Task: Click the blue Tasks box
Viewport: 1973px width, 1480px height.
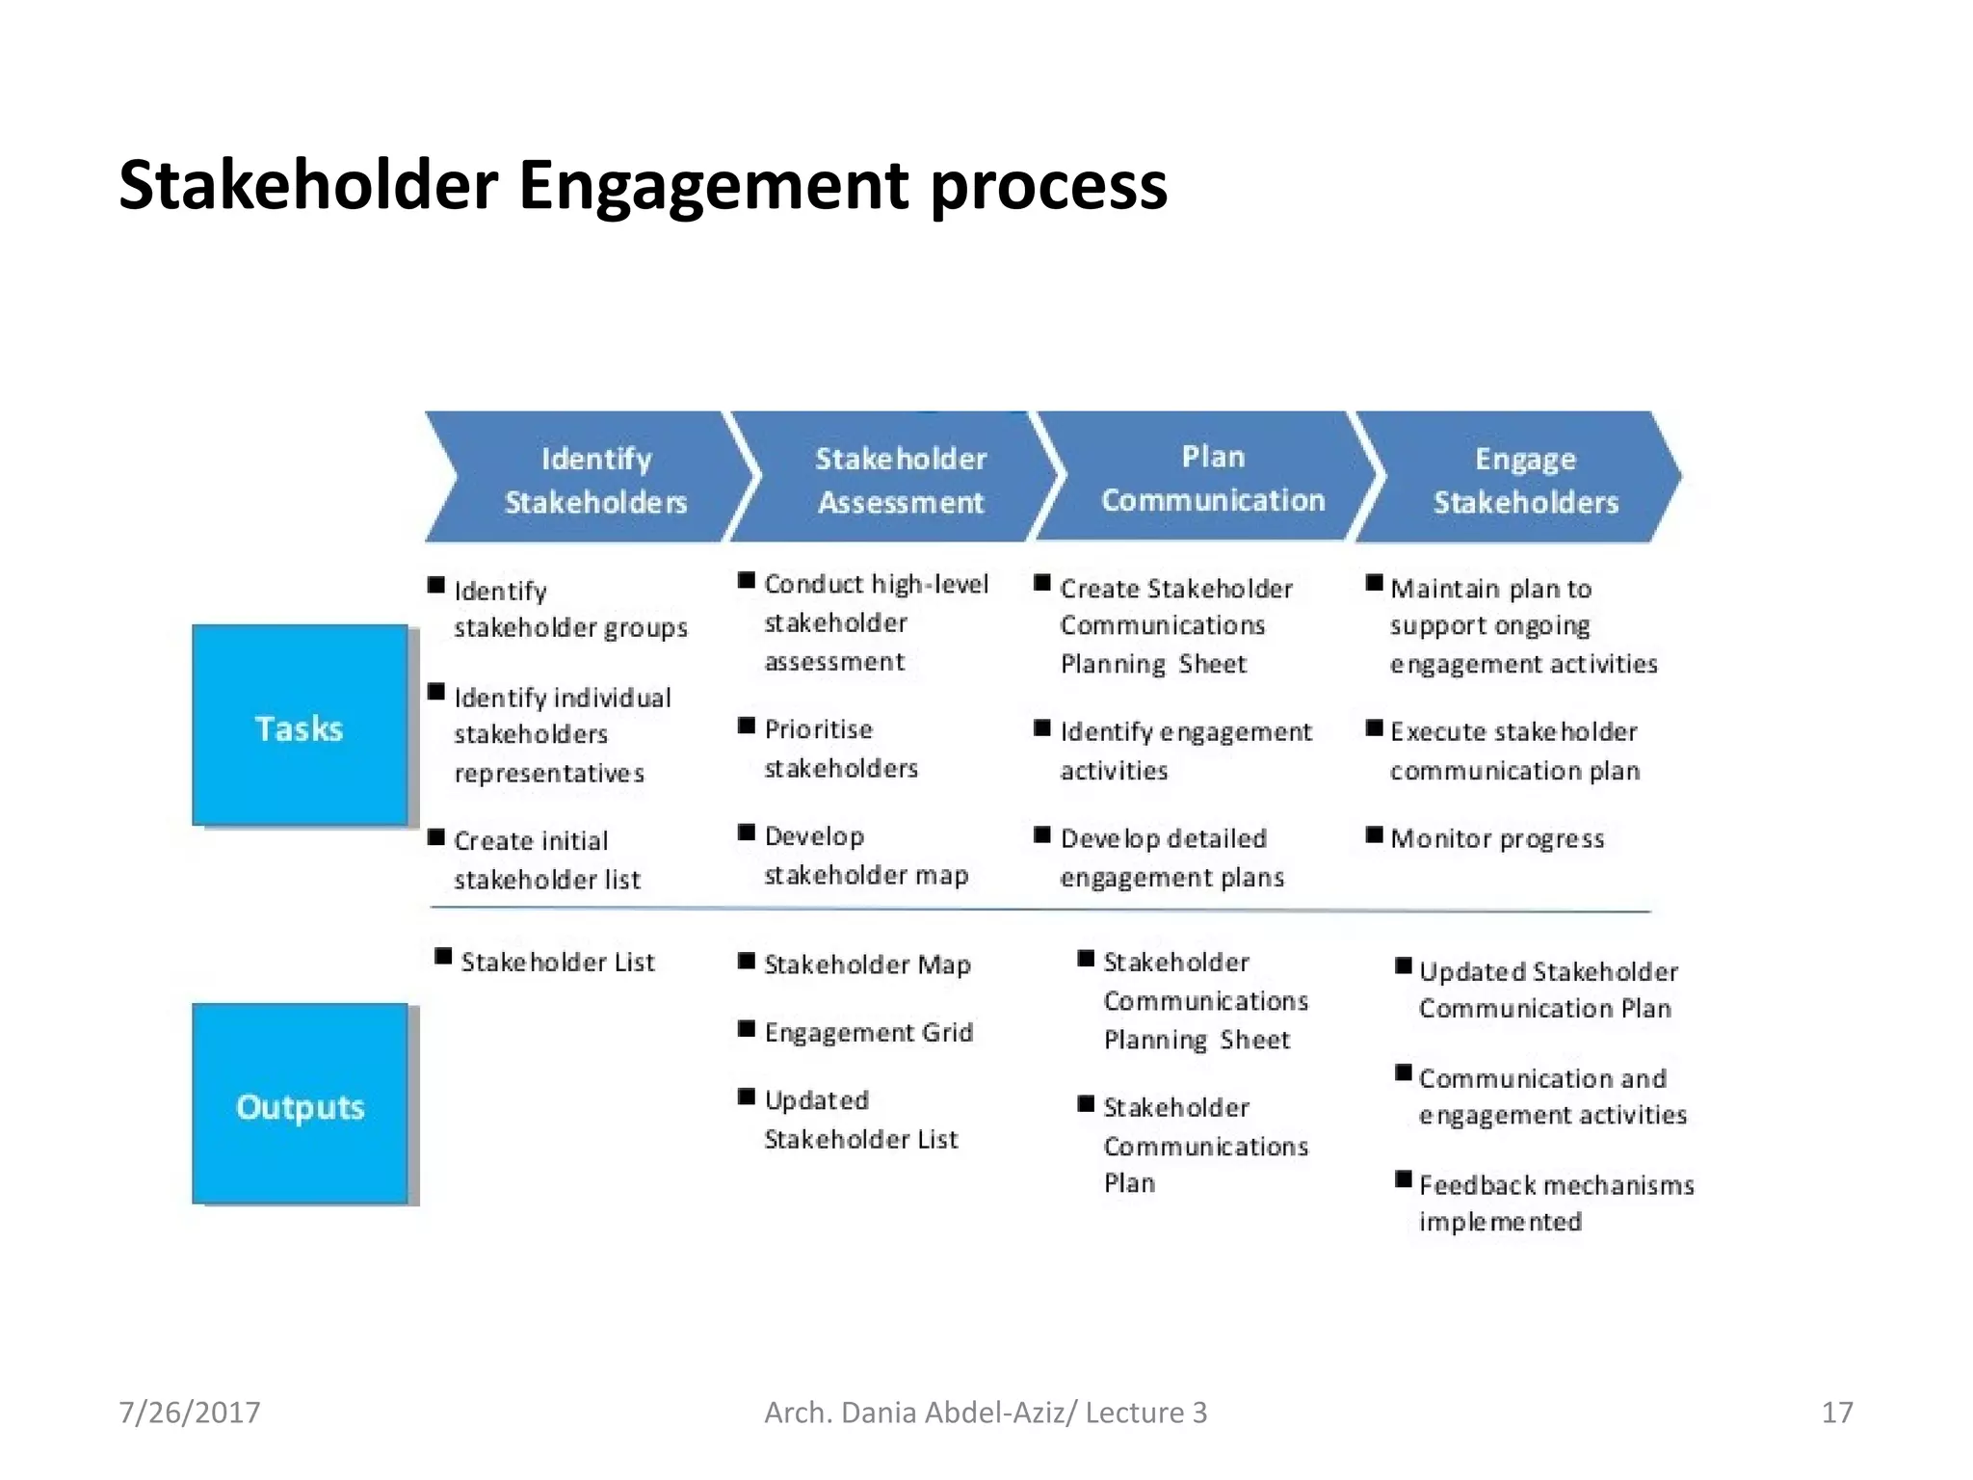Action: [300, 726]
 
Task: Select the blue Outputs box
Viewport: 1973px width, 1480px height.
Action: [300, 1104]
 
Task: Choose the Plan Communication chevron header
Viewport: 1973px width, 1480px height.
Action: [1212, 477]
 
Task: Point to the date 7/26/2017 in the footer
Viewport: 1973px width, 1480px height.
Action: [190, 1413]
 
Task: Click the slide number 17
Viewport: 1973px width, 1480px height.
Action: [1837, 1413]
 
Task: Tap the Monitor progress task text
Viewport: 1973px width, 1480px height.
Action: [1497, 838]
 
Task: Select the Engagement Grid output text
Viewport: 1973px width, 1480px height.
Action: [868, 1032]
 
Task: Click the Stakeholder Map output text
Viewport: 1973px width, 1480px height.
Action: [867, 964]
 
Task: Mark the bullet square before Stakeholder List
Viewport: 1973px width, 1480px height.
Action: [443, 956]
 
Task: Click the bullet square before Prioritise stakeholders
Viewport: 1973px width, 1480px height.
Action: [747, 725]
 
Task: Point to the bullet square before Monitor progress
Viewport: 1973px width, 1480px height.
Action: [1375, 833]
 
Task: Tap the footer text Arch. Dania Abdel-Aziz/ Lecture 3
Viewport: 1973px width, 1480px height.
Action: [985, 1413]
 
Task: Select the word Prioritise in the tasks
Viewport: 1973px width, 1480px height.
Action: [818, 729]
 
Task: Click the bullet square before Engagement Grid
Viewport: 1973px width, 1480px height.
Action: [747, 1028]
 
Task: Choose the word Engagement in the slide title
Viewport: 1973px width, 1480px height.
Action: [713, 186]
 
